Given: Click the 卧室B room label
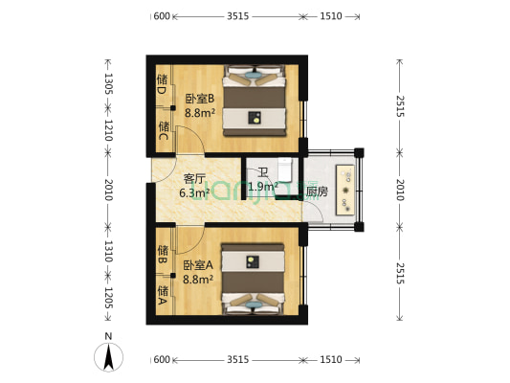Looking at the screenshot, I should point(198,97).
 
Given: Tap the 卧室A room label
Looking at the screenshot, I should point(197,265).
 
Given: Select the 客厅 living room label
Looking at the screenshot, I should point(194,178).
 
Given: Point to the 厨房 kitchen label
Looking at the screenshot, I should point(317,191).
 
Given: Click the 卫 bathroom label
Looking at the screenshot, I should point(261,172).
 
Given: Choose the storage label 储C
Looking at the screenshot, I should point(163,131).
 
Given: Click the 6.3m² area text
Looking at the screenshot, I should point(194,191).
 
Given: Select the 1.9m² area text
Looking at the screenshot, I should point(261,187).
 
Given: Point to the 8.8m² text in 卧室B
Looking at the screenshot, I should point(198,111).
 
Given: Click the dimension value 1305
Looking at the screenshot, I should point(108,83).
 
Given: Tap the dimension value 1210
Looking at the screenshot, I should point(108,130).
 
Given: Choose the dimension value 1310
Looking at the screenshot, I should point(108,252).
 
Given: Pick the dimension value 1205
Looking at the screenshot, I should point(108,298).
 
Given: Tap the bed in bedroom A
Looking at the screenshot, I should point(254,279).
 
